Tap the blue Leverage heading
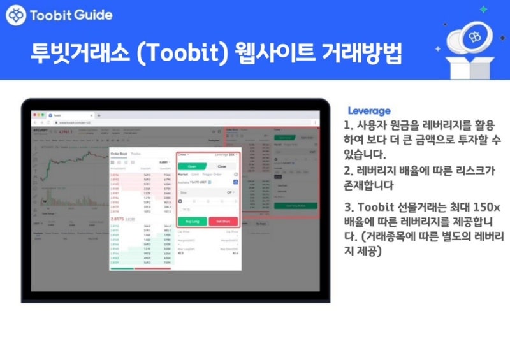coord(369,110)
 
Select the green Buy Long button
coord(192,221)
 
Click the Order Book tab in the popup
coord(119,154)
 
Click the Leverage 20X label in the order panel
coord(224,154)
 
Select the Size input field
coord(204,191)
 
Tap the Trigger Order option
coord(212,173)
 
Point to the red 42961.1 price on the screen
coord(66,132)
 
